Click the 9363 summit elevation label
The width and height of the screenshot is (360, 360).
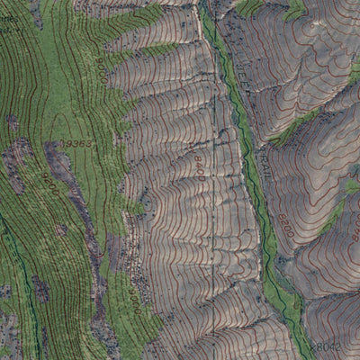[x=77, y=144]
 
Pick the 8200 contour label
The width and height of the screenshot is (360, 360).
[x=286, y=220]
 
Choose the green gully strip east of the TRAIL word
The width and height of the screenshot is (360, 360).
[x=292, y=130]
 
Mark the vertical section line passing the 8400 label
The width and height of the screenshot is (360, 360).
[x=212, y=207]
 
